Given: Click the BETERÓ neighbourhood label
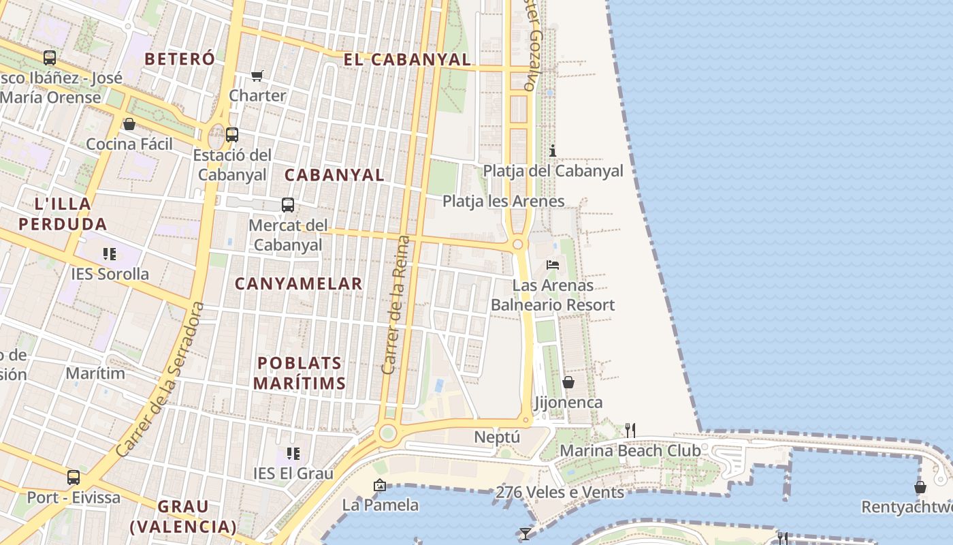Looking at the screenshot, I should click(180, 59).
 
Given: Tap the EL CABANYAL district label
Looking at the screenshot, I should click(407, 59).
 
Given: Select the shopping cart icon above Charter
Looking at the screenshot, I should click(257, 76).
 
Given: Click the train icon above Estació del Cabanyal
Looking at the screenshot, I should click(232, 135).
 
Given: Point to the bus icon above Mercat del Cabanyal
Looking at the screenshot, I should click(288, 205).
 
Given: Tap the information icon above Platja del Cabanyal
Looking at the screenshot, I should click(553, 151).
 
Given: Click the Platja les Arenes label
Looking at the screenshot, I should click(503, 201).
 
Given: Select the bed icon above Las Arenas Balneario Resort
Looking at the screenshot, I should click(553, 264).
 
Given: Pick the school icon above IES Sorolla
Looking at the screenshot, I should click(110, 254).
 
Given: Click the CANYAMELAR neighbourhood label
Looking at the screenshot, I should click(298, 283).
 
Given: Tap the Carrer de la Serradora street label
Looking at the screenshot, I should click(161, 379).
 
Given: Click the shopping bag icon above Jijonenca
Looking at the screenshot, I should click(568, 382).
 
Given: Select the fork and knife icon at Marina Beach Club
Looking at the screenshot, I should click(630, 430).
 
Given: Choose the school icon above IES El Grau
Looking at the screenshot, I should click(293, 453).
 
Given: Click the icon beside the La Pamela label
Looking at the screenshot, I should click(380, 485).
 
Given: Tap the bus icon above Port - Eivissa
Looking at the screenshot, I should click(74, 478).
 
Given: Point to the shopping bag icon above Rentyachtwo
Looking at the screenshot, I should click(920, 487).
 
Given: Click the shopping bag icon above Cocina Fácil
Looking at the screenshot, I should click(129, 124).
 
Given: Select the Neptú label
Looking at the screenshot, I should click(497, 437).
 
